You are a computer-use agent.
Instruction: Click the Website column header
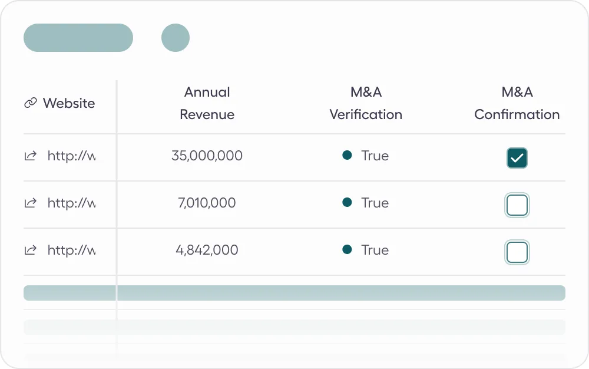[68, 103]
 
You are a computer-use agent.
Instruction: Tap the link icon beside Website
[30, 103]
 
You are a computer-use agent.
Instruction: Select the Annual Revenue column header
[207, 103]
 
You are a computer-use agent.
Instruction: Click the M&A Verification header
[366, 103]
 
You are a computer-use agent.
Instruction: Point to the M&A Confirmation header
[517, 103]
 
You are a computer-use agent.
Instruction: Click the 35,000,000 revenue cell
[207, 156]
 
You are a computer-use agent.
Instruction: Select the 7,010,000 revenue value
[207, 203]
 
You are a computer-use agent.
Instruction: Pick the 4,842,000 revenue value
[207, 250]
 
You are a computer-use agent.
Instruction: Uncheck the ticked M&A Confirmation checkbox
[517, 158]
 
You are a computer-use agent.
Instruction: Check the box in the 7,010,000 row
[517, 205]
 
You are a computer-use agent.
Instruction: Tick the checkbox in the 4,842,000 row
[517, 252]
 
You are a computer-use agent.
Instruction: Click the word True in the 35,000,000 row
[375, 156]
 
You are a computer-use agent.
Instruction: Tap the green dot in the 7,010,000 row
[347, 202]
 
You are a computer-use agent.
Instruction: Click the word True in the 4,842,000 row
[375, 250]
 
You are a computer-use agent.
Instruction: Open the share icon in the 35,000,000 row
[30, 156]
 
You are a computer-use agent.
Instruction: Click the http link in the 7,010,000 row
[71, 203]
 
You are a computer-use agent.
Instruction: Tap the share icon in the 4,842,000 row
[30, 250]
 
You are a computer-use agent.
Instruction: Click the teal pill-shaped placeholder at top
[78, 38]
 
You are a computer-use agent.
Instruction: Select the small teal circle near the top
[176, 38]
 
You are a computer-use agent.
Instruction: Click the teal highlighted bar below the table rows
[294, 293]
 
